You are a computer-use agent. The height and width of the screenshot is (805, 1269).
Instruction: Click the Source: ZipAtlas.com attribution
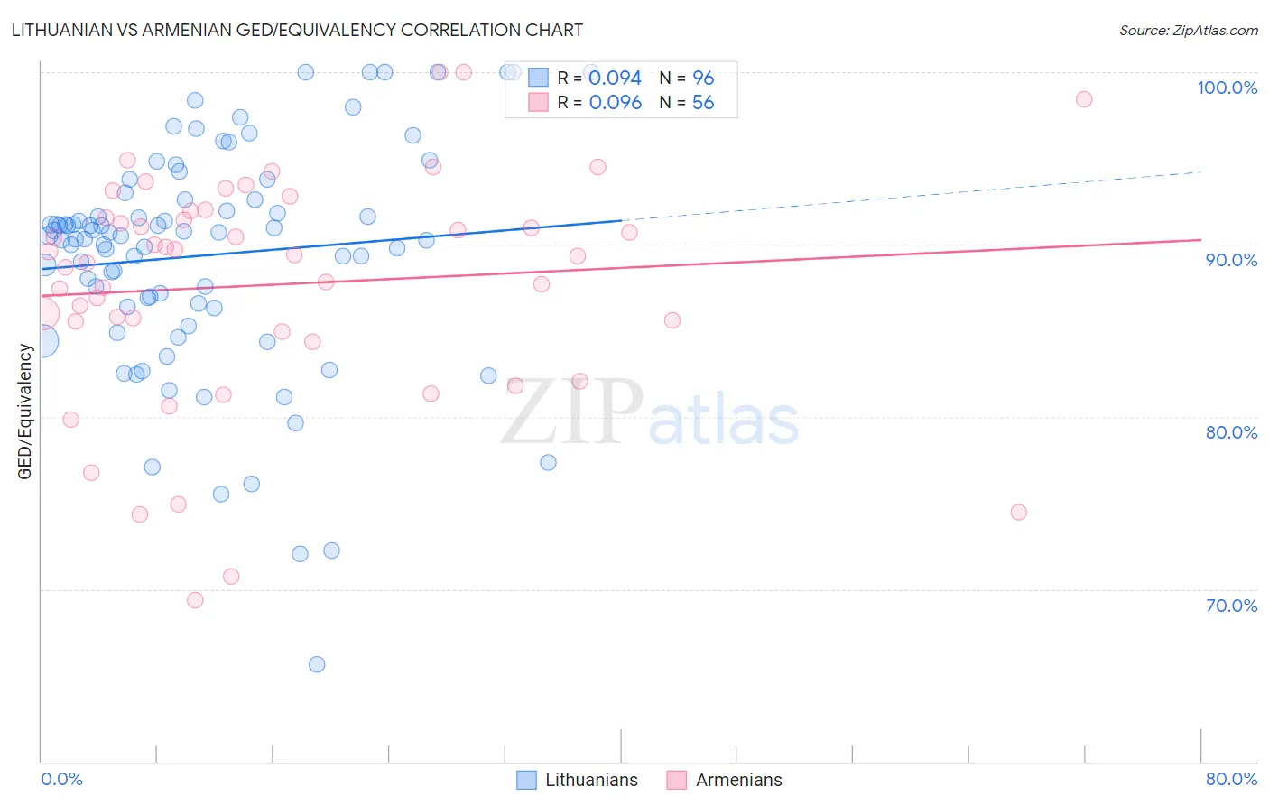[1188, 31]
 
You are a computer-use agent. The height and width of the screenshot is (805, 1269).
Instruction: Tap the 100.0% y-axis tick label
[1227, 88]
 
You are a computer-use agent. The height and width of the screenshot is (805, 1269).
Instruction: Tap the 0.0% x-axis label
[61, 779]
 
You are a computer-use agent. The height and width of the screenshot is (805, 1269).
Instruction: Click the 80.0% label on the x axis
[1231, 779]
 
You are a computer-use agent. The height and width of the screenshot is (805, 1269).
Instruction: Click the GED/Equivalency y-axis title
[25, 412]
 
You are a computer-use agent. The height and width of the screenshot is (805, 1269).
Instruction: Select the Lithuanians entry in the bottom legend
[590, 780]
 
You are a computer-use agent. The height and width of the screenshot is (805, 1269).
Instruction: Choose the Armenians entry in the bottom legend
[738, 780]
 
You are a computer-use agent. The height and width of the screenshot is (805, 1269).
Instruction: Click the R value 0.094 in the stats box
[615, 79]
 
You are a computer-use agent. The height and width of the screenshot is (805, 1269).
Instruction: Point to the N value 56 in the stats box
[703, 103]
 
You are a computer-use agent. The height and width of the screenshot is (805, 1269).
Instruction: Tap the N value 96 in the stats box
[703, 79]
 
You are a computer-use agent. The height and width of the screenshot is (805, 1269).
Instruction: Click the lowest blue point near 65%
[317, 664]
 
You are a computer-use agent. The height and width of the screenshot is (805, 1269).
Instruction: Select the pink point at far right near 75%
[1018, 512]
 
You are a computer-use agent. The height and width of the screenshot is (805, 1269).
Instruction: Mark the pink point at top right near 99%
[1084, 99]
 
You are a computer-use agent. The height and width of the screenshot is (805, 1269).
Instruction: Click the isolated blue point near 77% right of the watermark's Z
[548, 462]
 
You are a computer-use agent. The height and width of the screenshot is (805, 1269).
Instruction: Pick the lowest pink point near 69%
[195, 600]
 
